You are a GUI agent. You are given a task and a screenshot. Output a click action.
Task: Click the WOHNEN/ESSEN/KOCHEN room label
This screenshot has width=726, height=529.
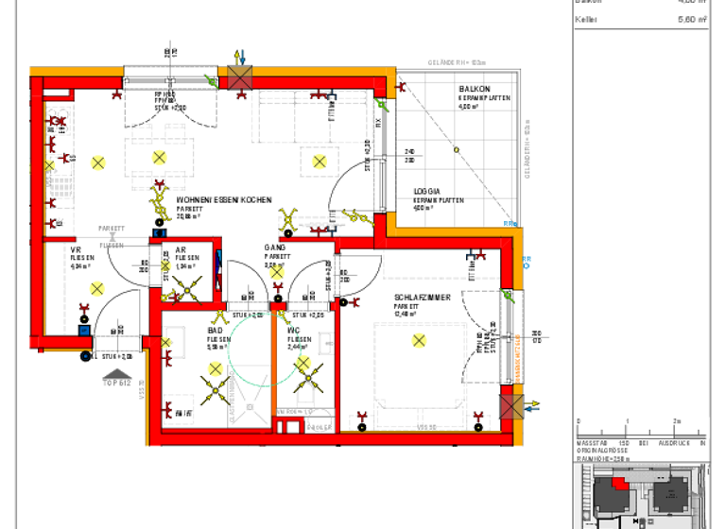click(x=224, y=200)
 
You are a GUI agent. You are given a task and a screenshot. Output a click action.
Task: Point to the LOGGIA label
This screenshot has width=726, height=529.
click(x=426, y=192)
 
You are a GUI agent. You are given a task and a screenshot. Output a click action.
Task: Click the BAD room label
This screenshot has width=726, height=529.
click(x=216, y=330)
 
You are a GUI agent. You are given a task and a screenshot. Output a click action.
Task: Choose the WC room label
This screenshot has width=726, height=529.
click(x=294, y=330)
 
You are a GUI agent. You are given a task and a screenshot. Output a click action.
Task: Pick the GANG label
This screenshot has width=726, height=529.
click(x=274, y=247)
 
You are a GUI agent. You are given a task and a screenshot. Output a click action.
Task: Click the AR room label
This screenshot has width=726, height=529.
click(x=181, y=249)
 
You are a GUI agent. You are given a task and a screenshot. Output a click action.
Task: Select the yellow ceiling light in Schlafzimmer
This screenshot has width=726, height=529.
click(x=419, y=340)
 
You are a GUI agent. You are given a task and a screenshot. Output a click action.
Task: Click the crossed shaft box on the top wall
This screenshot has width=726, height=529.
click(x=238, y=78)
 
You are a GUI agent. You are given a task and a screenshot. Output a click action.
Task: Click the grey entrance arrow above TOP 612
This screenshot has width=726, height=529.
click(x=115, y=375)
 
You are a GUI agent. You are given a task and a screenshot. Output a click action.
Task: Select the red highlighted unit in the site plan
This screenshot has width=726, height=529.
click(x=619, y=483)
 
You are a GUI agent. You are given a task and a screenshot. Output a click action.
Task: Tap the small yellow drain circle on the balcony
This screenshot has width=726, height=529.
click(x=455, y=148)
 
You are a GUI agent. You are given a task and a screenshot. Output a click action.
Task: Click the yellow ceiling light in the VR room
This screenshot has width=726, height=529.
click(x=95, y=289)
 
